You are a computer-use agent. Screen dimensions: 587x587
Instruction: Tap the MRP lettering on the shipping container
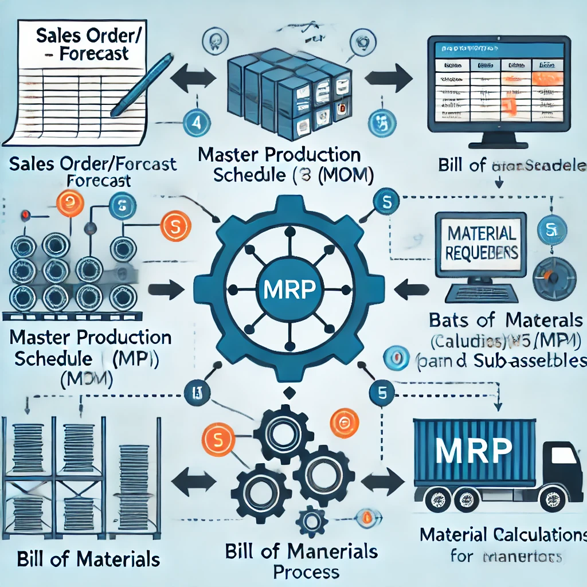[x=473, y=451]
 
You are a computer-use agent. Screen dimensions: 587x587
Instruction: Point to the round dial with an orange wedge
[x=553, y=277]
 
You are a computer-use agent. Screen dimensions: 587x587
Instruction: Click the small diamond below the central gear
[x=289, y=392]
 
